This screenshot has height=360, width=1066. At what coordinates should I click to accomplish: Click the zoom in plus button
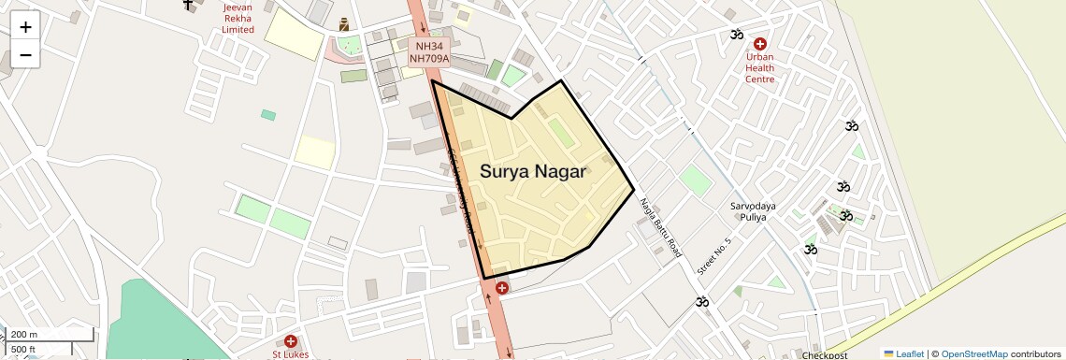tap(25, 27)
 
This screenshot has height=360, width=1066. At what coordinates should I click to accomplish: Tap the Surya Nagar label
tap(533, 171)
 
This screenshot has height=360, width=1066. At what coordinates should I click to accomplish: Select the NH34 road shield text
tap(429, 45)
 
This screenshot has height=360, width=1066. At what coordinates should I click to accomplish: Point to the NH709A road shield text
tap(429, 58)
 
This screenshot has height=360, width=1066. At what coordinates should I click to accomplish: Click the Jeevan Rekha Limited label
tap(238, 18)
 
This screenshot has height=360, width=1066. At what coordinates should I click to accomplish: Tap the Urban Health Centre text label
tap(759, 67)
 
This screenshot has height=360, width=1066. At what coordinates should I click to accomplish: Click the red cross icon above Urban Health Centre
tap(759, 44)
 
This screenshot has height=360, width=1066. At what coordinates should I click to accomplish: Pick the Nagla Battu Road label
tap(661, 228)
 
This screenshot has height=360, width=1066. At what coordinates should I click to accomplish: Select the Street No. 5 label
tap(714, 255)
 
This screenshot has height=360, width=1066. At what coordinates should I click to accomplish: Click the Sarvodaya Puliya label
tap(748, 210)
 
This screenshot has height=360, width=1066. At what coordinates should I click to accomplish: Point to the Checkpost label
tap(824, 355)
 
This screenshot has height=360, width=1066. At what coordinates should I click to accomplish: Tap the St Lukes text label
tap(290, 354)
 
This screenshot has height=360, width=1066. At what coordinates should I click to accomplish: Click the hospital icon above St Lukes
tap(291, 341)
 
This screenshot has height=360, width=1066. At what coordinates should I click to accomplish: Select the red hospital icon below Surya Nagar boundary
tap(502, 287)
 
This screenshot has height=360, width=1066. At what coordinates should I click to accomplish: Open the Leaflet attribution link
tap(903, 353)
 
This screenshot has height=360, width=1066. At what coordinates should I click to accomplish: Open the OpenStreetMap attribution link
tap(974, 353)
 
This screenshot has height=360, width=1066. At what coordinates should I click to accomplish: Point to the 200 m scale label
tap(24, 334)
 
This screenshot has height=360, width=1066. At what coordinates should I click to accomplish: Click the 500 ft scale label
tap(23, 349)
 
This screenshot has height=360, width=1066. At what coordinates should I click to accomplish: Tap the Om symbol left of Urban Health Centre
tap(737, 35)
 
